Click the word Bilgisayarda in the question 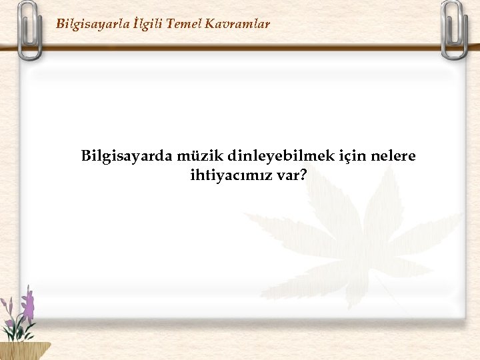[x=127, y=157]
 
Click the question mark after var [x=303, y=176]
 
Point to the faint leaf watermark [x=353, y=233]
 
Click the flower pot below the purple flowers [x=23, y=350]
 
